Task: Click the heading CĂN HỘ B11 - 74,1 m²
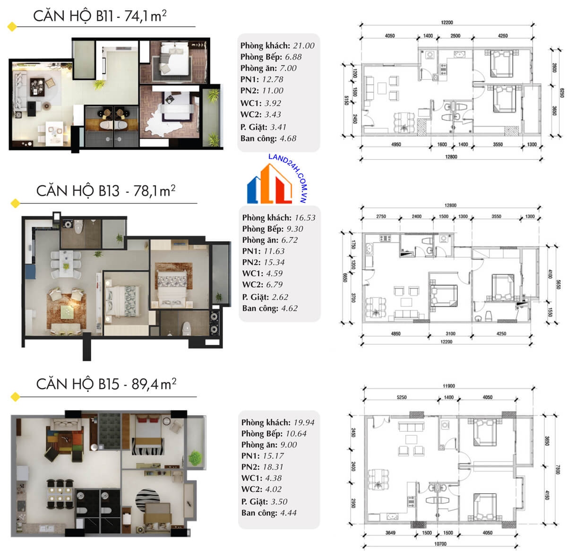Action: point(100,16)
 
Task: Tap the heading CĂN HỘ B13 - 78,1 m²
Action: point(106,191)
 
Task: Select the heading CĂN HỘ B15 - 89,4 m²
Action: point(106,384)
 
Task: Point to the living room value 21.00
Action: point(304,45)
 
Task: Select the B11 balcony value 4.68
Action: point(288,138)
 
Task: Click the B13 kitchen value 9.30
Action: point(294,229)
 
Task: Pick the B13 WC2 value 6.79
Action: point(274,284)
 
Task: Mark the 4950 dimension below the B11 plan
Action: point(396,144)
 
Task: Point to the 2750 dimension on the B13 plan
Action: point(381,217)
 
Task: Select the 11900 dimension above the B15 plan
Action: point(449,386)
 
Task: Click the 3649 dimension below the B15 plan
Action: point(390,533)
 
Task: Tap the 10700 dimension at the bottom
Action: point(440,544)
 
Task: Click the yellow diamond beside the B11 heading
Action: point(12,26)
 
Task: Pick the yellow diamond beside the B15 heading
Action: point(15,397)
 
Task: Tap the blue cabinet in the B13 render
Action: point(30,271)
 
